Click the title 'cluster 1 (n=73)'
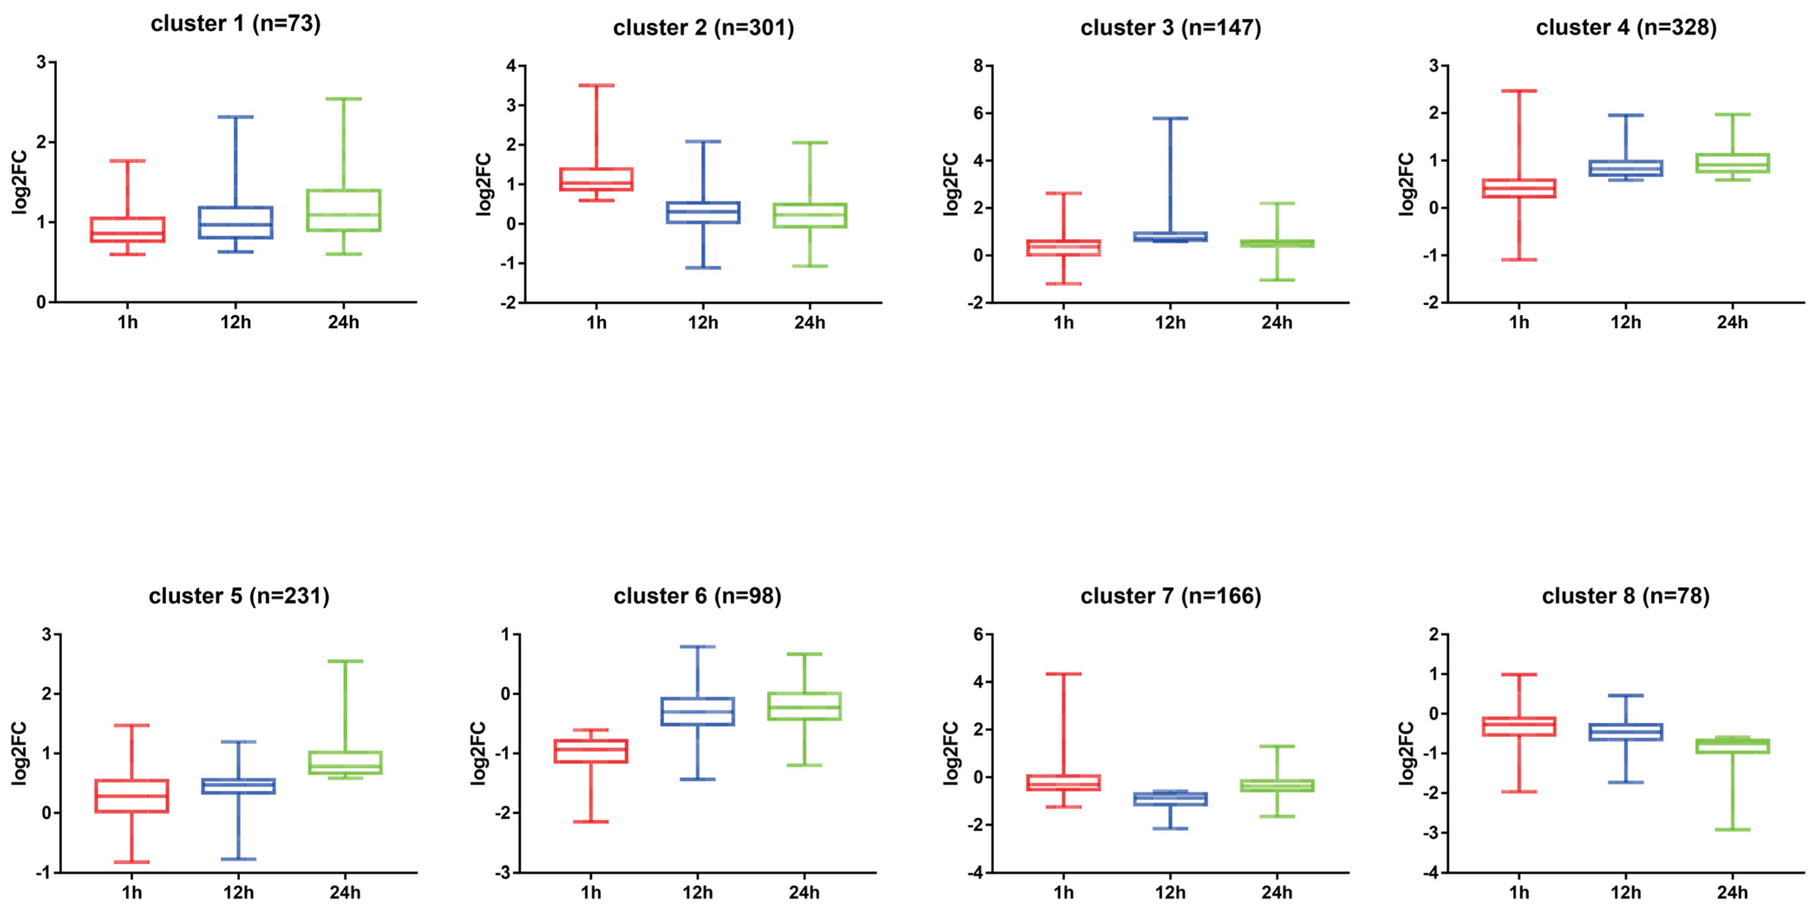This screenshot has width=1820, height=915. point(235,24)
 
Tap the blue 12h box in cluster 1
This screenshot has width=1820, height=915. point(235,222)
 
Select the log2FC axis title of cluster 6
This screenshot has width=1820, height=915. point(478,753)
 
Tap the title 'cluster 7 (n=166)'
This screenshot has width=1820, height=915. point(1170,596)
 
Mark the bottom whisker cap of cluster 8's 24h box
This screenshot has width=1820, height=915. point(1732,830)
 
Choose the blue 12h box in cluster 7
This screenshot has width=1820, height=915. point(1170,799)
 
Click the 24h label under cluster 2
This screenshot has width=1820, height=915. point(809,323)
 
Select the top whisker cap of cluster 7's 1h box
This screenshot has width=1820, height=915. point(1063,674)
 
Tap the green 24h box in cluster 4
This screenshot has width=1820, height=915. point(1732,163)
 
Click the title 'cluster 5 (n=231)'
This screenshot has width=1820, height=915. point(239,596)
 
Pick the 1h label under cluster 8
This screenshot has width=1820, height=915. point(1519,893)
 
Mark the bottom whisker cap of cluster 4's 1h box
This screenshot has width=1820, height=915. point(1519,260)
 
